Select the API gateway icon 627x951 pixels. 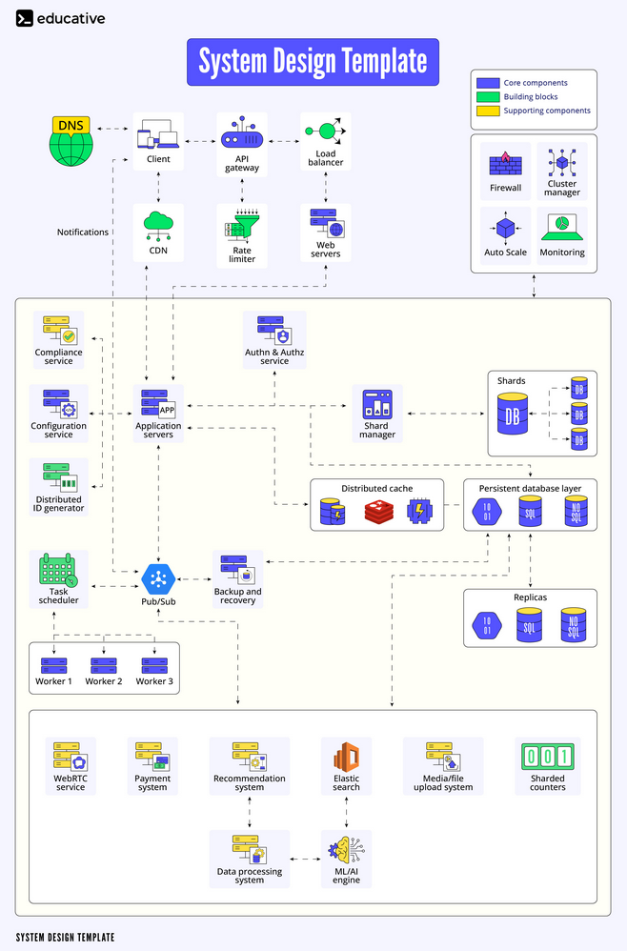tap(241, 133)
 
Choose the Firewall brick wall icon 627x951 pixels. tap(505, 164)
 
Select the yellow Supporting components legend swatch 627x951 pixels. tap(488, 111)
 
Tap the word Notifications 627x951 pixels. tap(83, 232)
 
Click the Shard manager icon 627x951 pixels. tap(377, 404)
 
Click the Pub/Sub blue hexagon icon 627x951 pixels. tap(158, 578)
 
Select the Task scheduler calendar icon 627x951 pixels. tap(58, 570)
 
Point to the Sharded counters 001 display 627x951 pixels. tap(547, 757)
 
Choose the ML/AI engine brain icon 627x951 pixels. tap(346, 850)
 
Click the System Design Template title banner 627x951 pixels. tap(313, 62)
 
